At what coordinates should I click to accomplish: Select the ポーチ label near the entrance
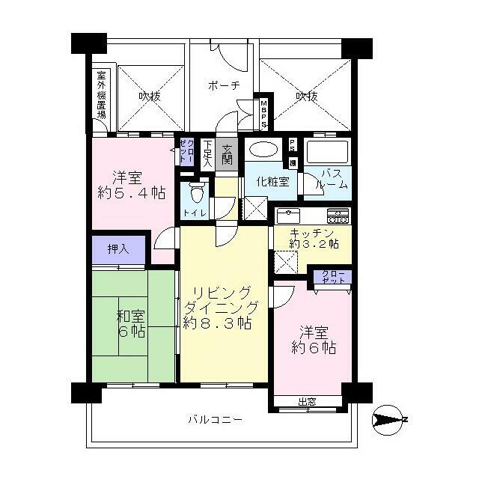point(224,85)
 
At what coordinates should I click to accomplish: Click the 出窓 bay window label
point(307,402)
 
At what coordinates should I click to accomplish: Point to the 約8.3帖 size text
point(217,323)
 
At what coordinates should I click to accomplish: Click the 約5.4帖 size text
point(128,193)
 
